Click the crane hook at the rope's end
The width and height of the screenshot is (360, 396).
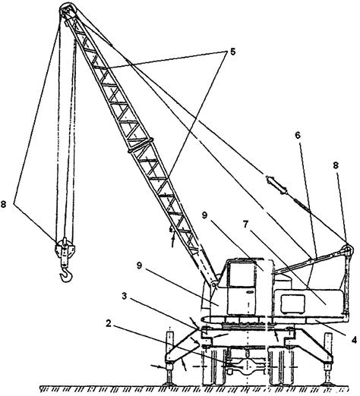pyautogui.click(x=66, y=275)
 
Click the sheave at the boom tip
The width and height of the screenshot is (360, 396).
pyautogui.click(x=68, y=11)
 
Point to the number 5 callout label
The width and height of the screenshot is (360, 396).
pyautogui.click(x=232, y=52)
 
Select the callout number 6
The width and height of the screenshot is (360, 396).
pyautogui.click(x=298, y=136)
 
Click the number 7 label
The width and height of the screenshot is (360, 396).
pyautogui.click(x=245, y=225)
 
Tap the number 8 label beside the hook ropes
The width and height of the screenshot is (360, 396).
pyautogui.click(x=4, y=204)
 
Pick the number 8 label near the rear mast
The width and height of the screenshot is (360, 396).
pyautogui.click(x=336, y=165)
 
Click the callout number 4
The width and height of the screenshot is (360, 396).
pyautogui.click(x=354, y=340)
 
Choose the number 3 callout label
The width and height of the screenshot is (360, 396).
pyautogui.click(x=124, y=296)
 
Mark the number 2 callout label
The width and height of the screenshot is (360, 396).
pyautogui.click(x=109, y=323)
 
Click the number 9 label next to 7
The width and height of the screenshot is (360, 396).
pyautogui.click(x=204, y=215)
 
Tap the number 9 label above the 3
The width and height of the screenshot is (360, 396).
pyautogui.click(x=140, y=266)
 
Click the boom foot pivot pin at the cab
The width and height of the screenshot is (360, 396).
pyautogui.click(x=214, y=285)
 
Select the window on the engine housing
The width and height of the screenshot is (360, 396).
pyautogui.click(x=292, y=304)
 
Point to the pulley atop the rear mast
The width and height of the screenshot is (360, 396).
pyautogui.click(x=347, y=249)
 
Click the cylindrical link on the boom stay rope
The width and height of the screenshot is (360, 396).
pyautogui.click(x=276, y=185)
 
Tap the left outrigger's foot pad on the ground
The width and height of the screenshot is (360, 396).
pyautogui.click(x=169, y=385)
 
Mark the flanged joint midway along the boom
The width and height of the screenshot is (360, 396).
pyautogui.click(x=141, y=146)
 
